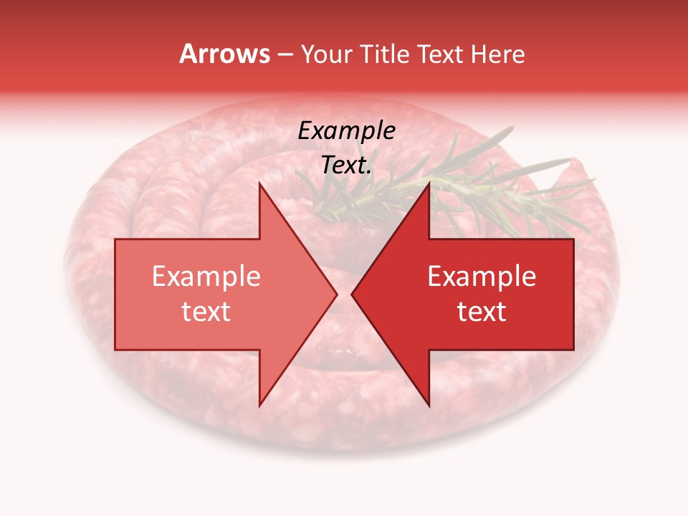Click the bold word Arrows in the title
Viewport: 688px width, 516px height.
point(225,54)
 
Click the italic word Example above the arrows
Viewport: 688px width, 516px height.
point(346,131)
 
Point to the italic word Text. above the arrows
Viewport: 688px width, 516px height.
point(346,166)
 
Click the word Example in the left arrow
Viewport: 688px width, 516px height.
point(206,277)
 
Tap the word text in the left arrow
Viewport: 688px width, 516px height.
point(206,312)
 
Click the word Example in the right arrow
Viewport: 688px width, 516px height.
point(482,277)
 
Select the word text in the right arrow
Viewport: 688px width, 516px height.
point(482,312)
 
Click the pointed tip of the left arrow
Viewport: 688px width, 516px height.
point(337,295)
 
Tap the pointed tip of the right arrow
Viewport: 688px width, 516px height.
point(352,295)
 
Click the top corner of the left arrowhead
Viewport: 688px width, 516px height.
point(259,184)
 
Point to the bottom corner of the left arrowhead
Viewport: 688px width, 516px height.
point(259,406)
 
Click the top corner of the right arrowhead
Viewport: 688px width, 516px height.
point(429,184)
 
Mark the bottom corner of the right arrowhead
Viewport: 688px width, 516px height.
point(429,406)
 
